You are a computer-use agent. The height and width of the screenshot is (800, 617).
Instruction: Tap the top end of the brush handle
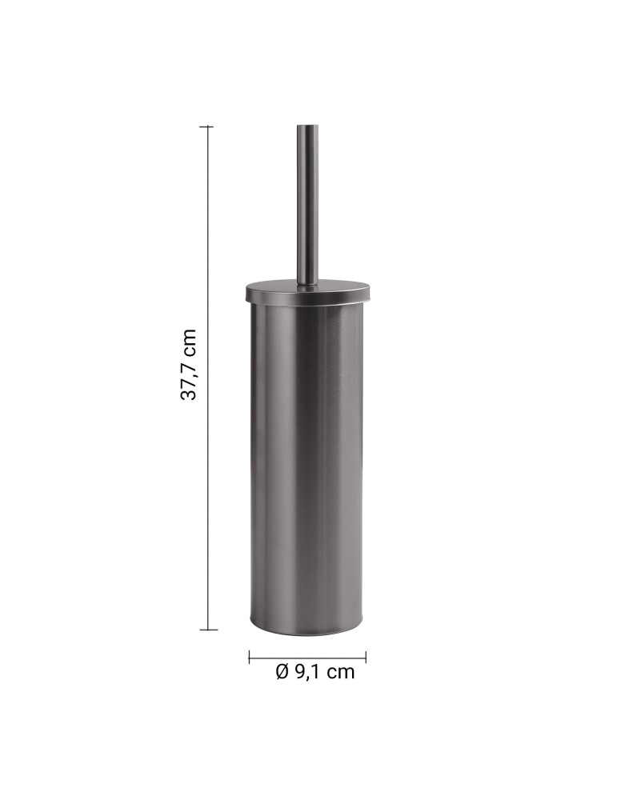point(307,127)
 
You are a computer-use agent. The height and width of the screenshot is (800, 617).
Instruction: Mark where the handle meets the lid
point(307,282)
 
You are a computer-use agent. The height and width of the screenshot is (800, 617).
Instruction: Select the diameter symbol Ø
point(282,672)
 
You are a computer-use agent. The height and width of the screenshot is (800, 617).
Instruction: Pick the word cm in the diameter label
point(340,672)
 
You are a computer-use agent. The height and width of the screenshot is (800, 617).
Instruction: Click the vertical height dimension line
point(209,480)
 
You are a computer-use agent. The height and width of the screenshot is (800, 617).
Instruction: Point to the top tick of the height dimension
point(208,126)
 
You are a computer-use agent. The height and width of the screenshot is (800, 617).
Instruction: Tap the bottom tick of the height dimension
point(208,630)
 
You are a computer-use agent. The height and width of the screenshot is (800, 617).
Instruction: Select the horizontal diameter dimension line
point(307,656)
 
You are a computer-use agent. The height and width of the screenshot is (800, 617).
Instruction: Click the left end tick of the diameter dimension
point(250,656)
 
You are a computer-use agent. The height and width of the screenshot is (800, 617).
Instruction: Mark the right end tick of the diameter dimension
point(366,656)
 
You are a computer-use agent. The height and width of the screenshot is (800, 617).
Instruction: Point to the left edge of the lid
point(246,291)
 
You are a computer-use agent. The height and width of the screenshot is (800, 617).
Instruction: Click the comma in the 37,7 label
point(195,377)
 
